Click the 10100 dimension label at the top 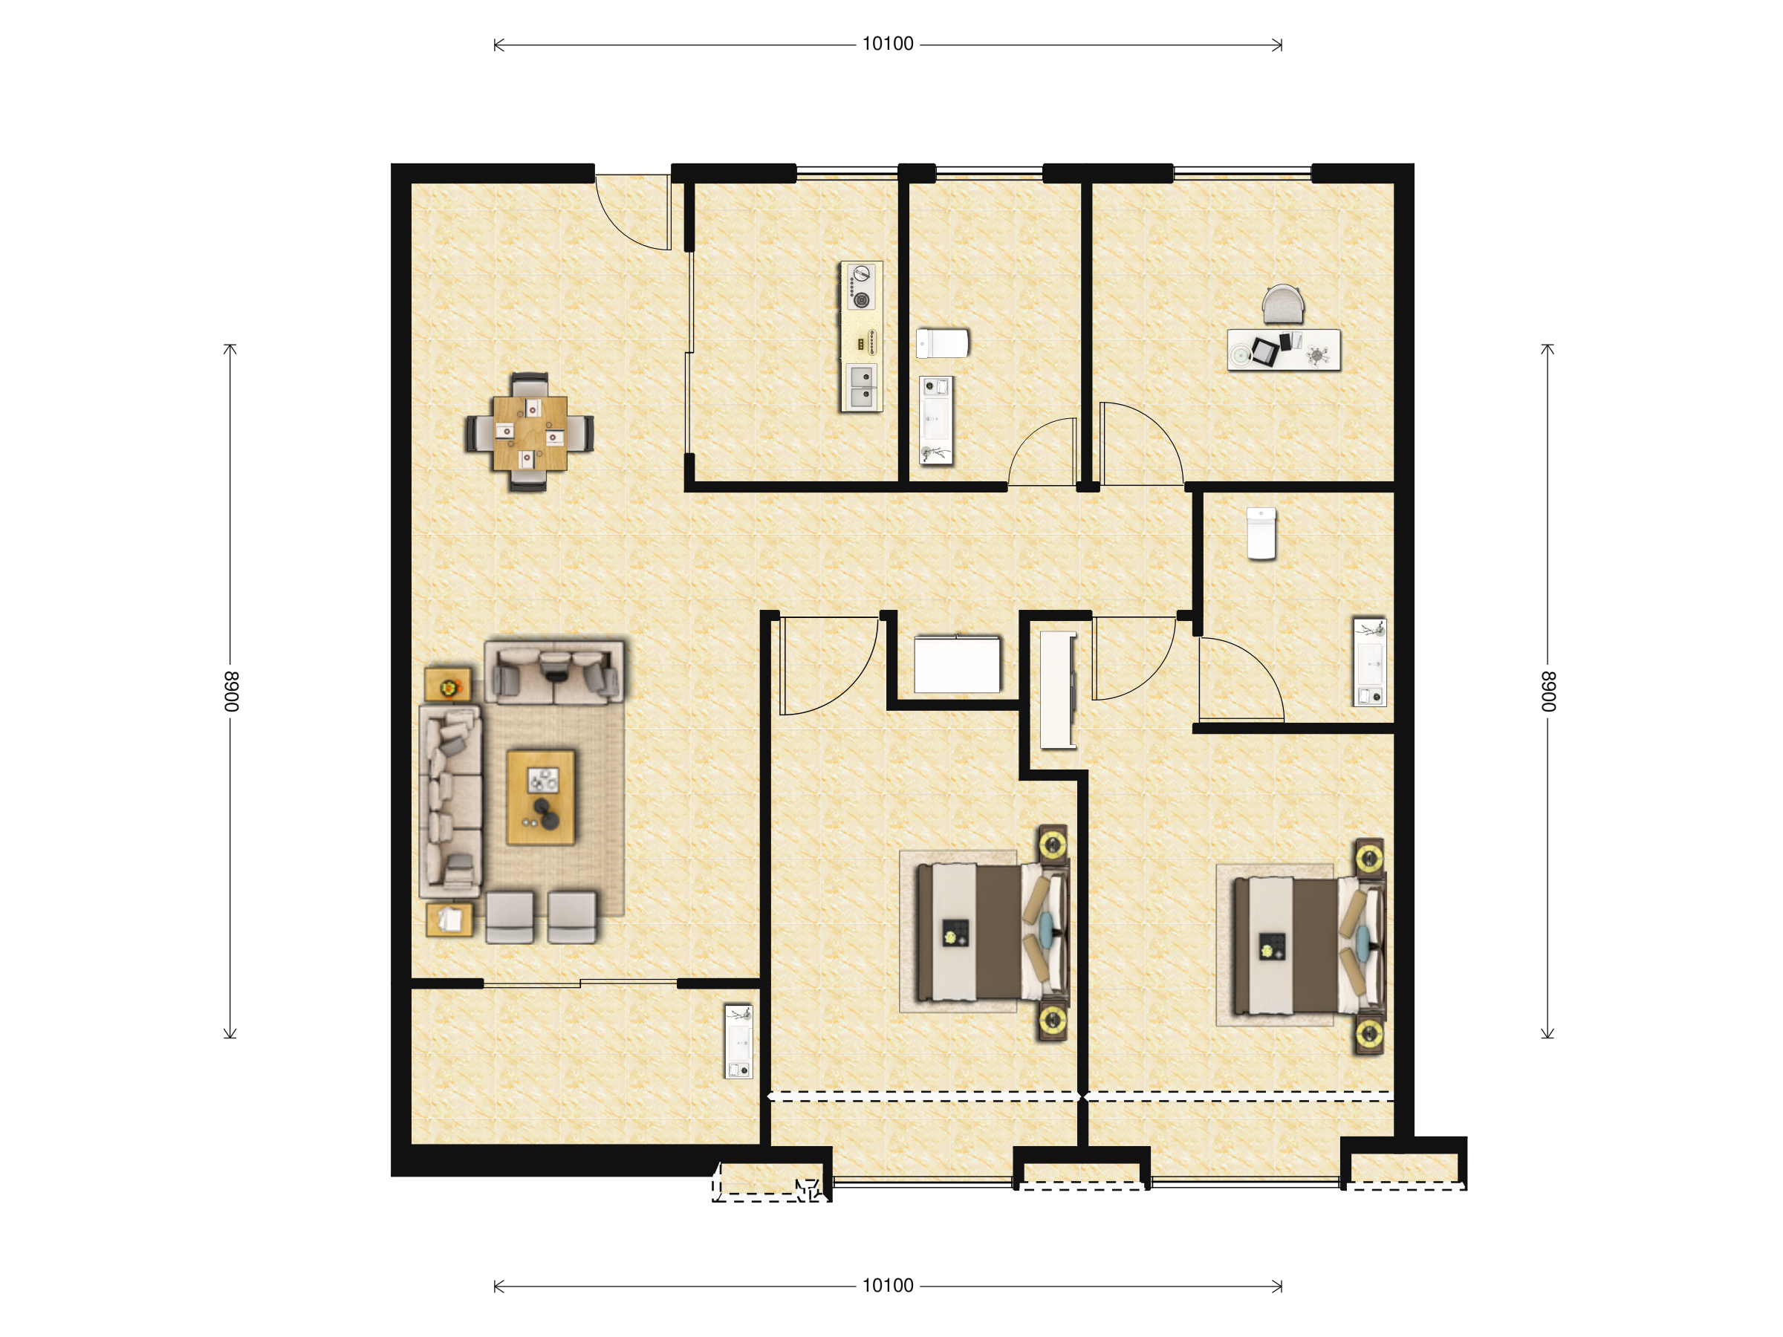(888, 44)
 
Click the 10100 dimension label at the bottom (888, 1286)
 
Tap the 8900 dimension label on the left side (231, 692)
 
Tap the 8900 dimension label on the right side (1547, 692)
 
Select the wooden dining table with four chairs (530, 433)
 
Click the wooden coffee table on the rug (541, 797)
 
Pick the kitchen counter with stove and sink (861, 336)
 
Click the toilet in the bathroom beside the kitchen (942, 343)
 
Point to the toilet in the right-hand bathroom (1261, 533)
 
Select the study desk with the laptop (1283, 350)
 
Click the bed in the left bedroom (993, 931)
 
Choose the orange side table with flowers (448, 685)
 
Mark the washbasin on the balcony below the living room (738, 1041)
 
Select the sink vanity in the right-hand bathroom (1369, 663)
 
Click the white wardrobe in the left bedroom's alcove (957, 664)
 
